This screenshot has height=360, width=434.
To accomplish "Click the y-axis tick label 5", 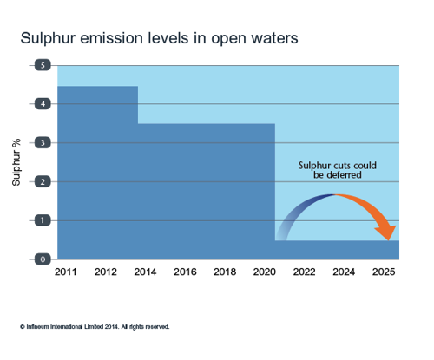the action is [x=43, y=65].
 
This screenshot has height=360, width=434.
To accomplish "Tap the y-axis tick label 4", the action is [x=43, y=103].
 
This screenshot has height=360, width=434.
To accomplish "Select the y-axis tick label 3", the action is [x=43, y=142].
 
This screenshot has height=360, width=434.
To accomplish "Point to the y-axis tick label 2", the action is [x=43, y=181].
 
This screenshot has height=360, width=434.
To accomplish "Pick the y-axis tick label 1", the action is [x=43, y=220].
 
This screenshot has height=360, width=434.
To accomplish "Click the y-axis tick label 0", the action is [x=43, y=259].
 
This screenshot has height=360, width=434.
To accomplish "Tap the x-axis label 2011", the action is [x=66, y=272].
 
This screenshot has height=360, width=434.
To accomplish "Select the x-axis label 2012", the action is [x=106, y=272].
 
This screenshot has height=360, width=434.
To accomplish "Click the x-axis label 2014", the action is [x=145, y=272].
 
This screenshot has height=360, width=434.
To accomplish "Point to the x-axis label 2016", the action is [x=185, y=272].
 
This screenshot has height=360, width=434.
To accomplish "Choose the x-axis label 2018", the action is [x=225, y=272].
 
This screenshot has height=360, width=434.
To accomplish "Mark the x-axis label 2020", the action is [x=265, y=272].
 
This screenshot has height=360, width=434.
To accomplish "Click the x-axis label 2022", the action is [x=304, y=272].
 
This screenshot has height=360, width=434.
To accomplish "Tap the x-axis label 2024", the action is [x=344, y=272].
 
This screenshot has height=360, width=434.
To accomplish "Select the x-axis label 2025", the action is [x=384, y=272].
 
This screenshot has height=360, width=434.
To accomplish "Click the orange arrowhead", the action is [x=386, y=232].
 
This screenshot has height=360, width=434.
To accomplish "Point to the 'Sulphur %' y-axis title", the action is [x=16, y=162].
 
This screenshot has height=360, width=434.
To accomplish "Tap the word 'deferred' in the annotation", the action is [x=344, y=175].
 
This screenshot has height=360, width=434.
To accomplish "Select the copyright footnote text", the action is [x=95, y=327].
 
